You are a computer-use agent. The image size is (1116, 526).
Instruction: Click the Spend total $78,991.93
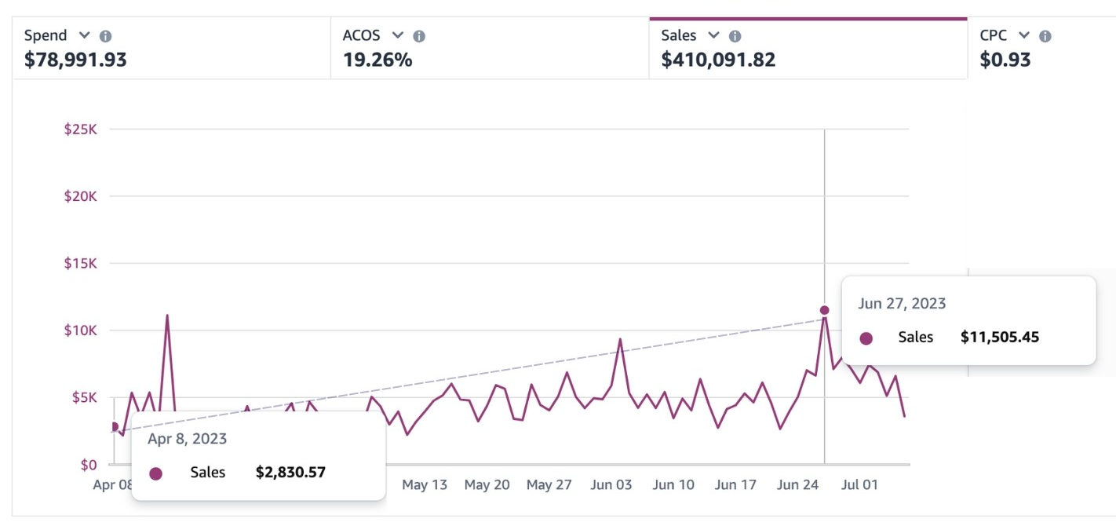[75, 60]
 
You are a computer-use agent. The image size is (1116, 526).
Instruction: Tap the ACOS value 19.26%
[377, 60]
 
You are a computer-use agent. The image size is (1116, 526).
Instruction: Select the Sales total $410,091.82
[718, 60]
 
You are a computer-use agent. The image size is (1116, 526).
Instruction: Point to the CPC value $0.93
[1005, 60]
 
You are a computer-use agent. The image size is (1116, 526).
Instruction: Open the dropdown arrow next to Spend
[84, 35]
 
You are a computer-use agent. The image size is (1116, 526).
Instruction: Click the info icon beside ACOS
[419, 36]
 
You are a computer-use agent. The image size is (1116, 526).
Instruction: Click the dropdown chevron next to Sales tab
[713, 35]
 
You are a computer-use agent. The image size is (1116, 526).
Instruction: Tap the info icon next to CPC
[1045, 36]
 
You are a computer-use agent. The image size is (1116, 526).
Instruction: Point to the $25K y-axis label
[80, 130]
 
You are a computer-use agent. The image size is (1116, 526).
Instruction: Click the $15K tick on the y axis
[80, 263]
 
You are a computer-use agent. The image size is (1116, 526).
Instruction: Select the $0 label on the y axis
[89, 465]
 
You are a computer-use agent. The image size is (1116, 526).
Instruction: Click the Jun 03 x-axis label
[611, 484]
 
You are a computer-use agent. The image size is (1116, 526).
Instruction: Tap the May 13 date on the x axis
[425, 484]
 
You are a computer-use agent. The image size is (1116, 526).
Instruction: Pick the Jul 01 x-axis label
[859, 484]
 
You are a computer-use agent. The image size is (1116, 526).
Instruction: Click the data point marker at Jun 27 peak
[825, 310]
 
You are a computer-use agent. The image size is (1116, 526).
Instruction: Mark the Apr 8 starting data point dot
[114, 427]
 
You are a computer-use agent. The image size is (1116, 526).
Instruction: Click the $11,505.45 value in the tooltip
[1000, 337]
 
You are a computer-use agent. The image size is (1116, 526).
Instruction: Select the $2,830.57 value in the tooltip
[290, 472]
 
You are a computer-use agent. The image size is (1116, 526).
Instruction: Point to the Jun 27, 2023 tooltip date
[902, 304]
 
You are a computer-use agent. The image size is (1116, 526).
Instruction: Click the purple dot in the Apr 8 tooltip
[156, 473]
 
